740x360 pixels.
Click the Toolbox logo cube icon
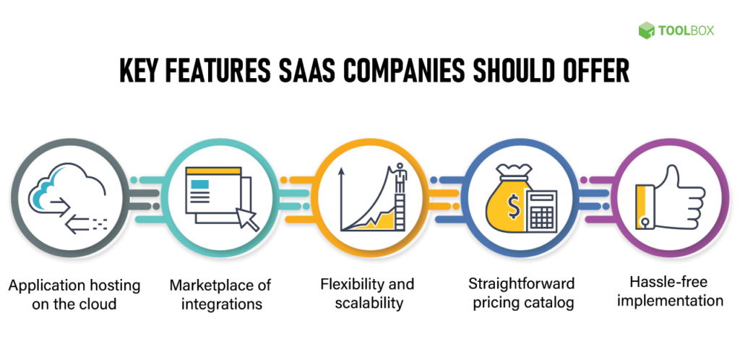(646, 30)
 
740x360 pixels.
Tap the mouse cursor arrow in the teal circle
(248, 218)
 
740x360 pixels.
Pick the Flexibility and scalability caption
(369, 293)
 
